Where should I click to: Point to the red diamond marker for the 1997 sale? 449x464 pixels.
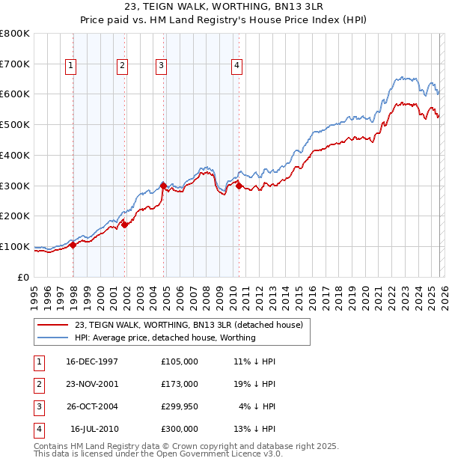tap(73, 245)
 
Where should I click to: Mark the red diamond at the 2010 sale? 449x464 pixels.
tap(239, 186)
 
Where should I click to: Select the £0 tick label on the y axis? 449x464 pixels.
tap(22, 277)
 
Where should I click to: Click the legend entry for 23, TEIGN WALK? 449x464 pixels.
tap(189, 325)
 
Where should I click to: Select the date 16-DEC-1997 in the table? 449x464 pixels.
tap(92, 361)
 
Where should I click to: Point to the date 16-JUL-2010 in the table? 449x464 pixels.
tap(95, 429)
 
